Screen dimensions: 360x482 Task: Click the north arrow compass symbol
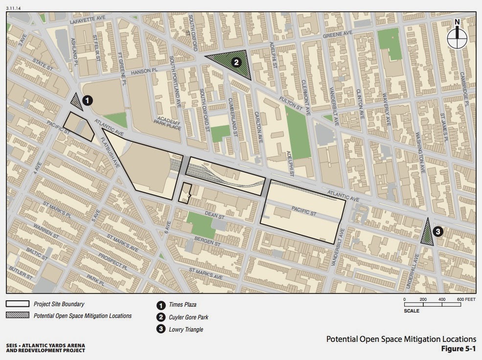457,37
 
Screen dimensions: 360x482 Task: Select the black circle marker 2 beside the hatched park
236,62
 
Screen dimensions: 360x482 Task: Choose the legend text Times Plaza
182,304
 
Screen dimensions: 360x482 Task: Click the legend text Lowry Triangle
185,329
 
